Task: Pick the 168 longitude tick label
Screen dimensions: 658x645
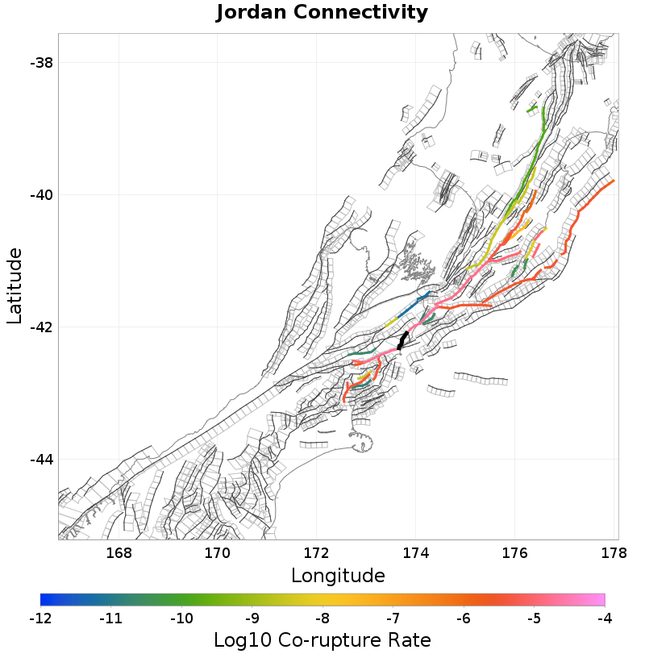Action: (119, 553)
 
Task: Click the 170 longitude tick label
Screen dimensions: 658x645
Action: (218, 553)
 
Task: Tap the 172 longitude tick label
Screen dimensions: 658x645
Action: (317, 553)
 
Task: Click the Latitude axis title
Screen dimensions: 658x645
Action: (15, 286)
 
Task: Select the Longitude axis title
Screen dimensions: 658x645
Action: (338, 576)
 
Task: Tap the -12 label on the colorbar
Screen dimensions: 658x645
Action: (40, 618)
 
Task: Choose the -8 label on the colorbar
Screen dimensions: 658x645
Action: (322, 618)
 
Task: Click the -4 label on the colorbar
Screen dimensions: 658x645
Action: (605, 618)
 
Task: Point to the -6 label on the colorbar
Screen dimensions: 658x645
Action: (464, 618)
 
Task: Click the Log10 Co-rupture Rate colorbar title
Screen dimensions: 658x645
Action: (322, 641)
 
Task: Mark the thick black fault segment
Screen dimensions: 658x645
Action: (403, 339)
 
